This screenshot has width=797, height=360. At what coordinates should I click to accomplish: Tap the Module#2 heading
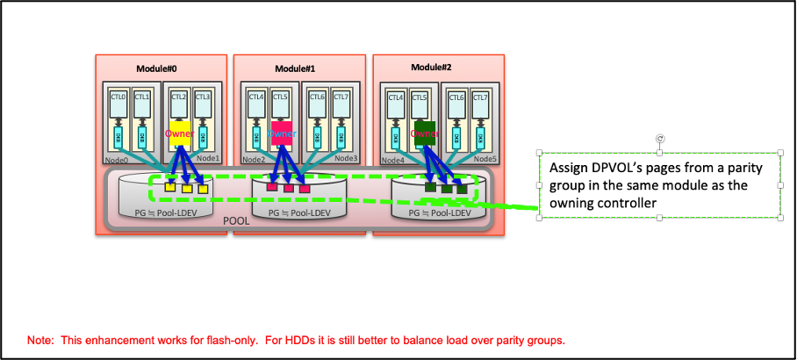(431, 68)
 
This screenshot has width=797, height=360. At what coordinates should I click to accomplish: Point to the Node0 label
(116, 160)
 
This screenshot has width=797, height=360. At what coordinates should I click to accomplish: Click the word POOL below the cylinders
(236, 222)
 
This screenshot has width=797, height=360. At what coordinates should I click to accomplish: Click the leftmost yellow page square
(171, 188)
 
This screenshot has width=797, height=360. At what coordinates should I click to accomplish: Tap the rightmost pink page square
(304, 188)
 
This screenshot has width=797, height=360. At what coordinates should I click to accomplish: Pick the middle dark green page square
(447, 187)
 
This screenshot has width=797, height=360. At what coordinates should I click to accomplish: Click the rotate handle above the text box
(659, 139)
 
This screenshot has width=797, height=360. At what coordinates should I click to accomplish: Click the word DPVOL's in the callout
(613, 168)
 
